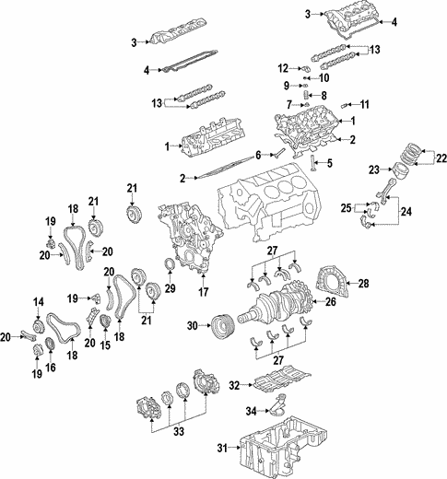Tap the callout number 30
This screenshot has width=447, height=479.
point(192,325)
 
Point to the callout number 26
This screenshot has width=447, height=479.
point(328,300)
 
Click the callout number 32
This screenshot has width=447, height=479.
point(235,385)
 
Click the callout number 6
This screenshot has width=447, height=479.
point(259,154)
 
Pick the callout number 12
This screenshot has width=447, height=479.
point(283,68)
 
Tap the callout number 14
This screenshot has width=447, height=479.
point(39,302)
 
